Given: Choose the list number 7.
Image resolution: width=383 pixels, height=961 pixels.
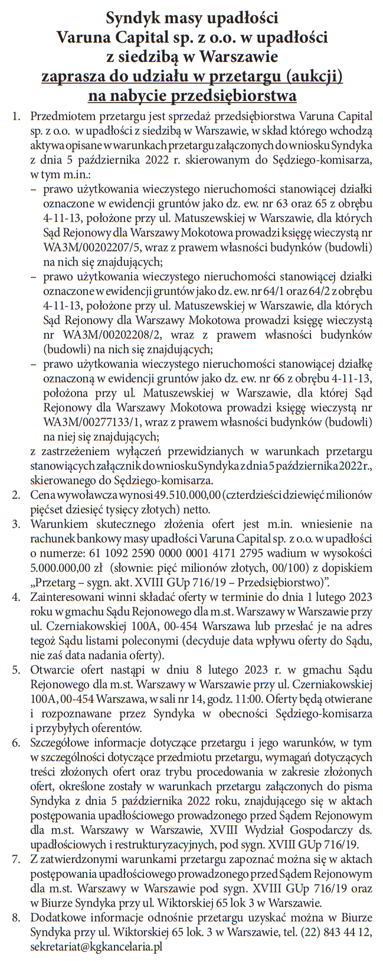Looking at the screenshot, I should pos(17,859).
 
